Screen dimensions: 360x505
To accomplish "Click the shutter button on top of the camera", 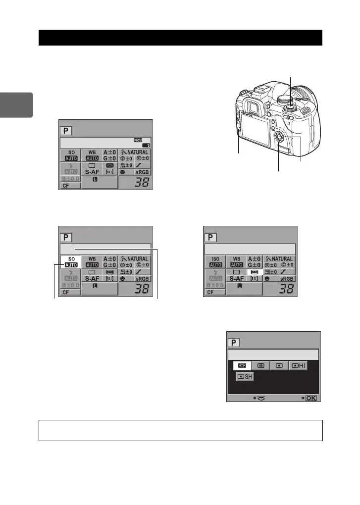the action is click(291, 104).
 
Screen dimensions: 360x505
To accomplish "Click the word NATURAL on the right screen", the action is click(283, 258).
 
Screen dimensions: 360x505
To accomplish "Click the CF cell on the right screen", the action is click(210, 292).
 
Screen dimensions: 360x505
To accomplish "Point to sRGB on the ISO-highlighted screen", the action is click(142, 279).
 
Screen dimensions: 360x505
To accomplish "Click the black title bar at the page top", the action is click(180, 38).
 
